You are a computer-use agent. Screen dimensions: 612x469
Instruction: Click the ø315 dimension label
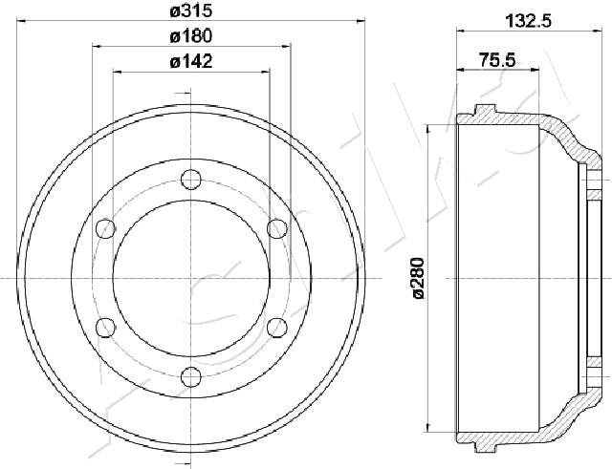[x=191, y=11]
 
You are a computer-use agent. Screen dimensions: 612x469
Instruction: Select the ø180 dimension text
[x=191, y=36]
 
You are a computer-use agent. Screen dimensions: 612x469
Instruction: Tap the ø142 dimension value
[x=191, y=61]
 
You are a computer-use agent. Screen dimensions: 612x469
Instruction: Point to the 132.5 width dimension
[x=528, y=21]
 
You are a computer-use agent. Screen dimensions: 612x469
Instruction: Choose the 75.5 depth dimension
[x=497, y=60]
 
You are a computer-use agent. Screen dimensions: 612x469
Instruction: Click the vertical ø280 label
[x=419, y=278]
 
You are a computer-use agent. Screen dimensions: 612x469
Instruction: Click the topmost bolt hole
[x=191, y=180]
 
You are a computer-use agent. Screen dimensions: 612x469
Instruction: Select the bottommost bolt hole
[x=191, y=377]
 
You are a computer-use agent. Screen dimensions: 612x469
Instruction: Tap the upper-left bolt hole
[x=106, y=229]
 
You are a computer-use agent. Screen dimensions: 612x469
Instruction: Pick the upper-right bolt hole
[x=277, y=228]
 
